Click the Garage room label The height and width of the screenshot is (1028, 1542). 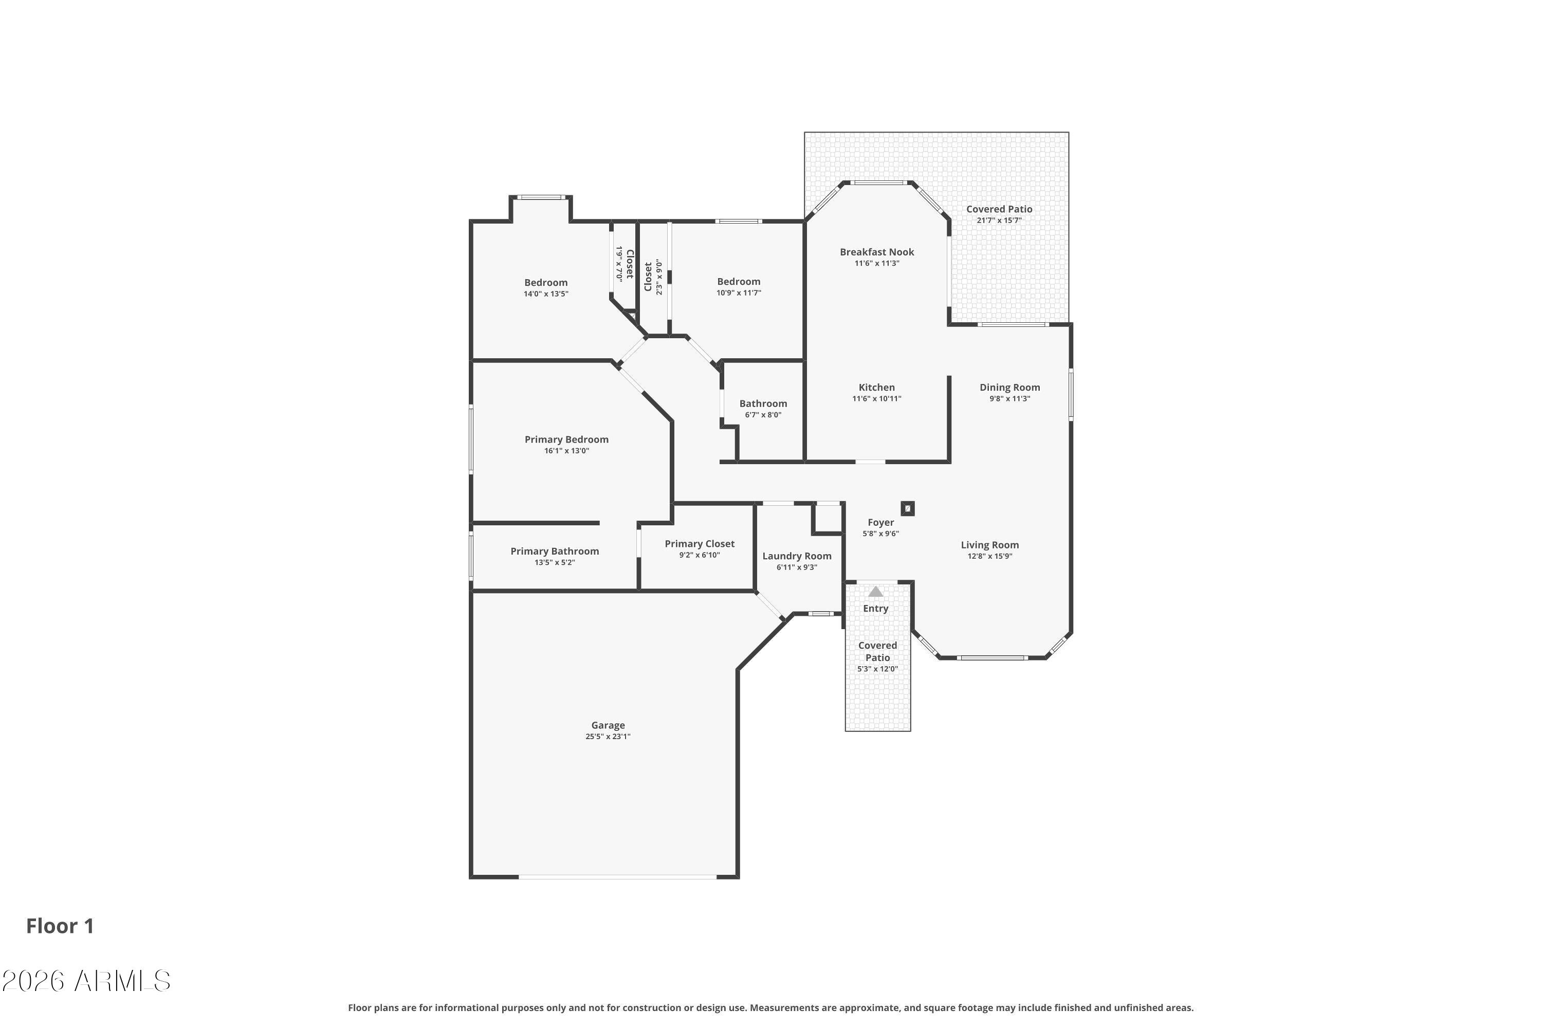(608, 725)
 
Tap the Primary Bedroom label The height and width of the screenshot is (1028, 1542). (566, 439)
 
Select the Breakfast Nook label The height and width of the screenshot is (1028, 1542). (876, 252)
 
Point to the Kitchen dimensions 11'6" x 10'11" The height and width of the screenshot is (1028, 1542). (876, 399)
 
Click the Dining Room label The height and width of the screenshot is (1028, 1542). (1009, 388)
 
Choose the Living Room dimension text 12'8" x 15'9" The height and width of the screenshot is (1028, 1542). (990, 556)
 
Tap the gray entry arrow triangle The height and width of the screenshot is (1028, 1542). (876, 592)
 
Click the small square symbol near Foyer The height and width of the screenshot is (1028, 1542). (907, 508)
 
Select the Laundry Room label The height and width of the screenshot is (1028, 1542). (797, 556)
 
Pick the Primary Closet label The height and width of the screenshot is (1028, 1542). (700, 543)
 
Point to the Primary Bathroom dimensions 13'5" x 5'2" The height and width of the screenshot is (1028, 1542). (555, 562)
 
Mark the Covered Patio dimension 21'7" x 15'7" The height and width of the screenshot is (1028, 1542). (999, 221)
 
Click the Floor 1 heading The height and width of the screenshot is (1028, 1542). (60, 926)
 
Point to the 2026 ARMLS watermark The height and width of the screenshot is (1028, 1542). (86, 981)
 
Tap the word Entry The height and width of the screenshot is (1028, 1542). (876, 609)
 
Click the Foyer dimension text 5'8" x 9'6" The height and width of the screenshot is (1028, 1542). (880, 534)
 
